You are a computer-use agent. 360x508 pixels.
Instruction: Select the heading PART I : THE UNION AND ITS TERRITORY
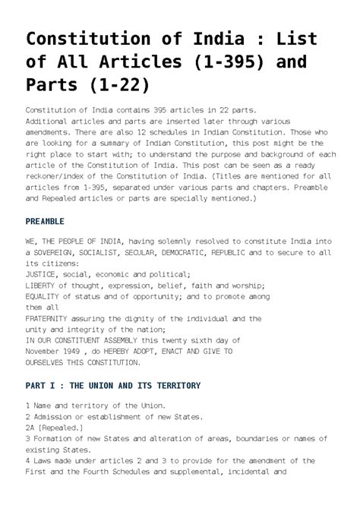click(113, 386)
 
